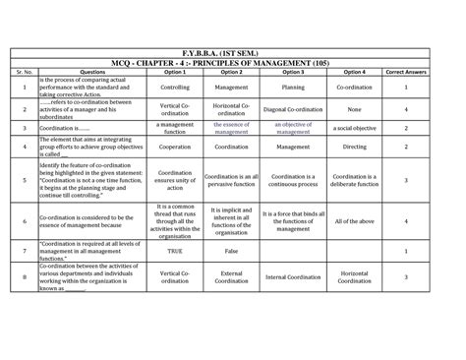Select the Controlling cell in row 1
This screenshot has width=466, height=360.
point(175,87)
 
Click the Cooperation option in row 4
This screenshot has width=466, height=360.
point(175,147)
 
